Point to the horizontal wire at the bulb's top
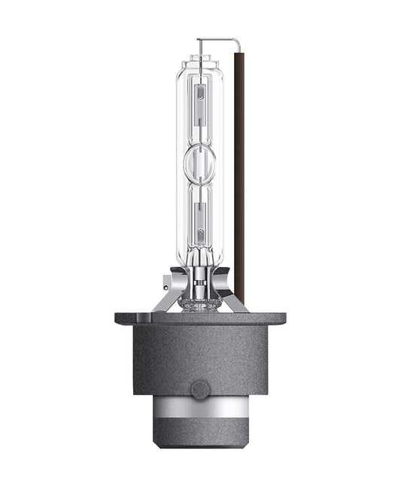point(218,39)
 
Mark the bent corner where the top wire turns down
point(239,40)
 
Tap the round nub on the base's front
point(200,389)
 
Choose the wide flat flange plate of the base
point(200,319)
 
